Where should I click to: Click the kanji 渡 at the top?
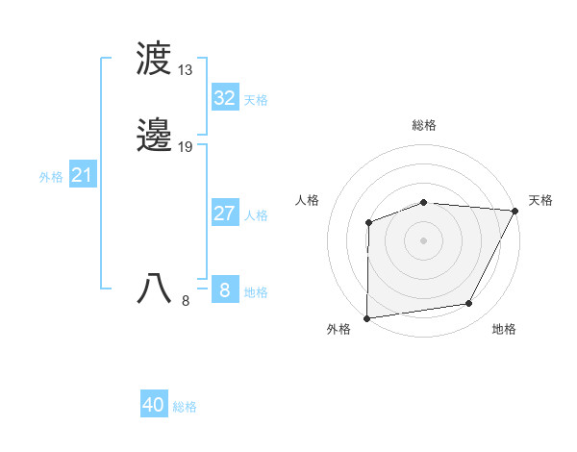click(x=154, y=60)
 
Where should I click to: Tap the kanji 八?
click(x=154, y=289)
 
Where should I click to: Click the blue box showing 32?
click(x=224, y=98)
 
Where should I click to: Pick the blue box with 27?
click(x=224, y=213)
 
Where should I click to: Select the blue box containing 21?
click(x=83, y=175)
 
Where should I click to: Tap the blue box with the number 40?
click(x=154, y=405)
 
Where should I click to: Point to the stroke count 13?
click(x=186, y=70)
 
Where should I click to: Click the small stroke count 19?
click(x=186, y=147)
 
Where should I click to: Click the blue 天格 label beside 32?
click(x=256, y=100)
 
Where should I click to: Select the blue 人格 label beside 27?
click(x=256, y=215)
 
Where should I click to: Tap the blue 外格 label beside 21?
click(x=51, y=177)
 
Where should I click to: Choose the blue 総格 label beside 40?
click(x=185, y=407)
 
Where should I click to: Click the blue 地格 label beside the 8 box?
click(x=256, y=292)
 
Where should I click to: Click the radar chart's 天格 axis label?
click(x=540, y=200)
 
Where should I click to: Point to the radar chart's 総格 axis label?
click(x=424, y=125)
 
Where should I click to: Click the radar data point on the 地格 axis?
click(x=469, y=304)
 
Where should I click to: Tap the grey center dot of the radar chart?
click(x=423, y=239)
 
